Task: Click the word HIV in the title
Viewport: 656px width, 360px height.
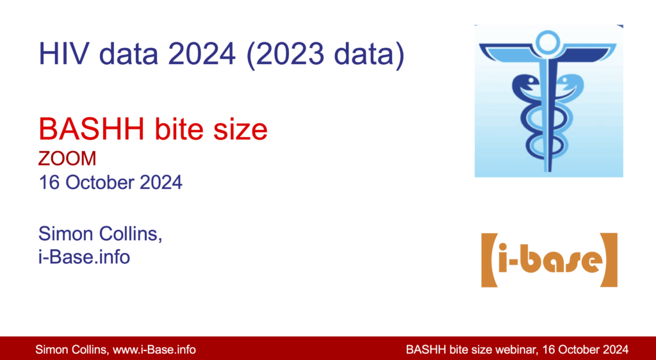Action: pyautogui.click(x=64, y=54)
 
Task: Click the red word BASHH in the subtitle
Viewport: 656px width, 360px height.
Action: pyautogui.click(x=92, y=129)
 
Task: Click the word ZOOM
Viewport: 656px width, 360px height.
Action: pyautogui.click(x=67, y=159)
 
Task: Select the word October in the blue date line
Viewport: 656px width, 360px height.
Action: pyautogui.click(x=99, y=183)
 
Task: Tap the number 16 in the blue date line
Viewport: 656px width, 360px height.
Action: pyautogui.click(x=49, y=183)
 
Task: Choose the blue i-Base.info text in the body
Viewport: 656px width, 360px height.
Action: pyautogui.click(x=84, y=257)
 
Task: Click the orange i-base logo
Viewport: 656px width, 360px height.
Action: pyautogui.click(x=549, y=260)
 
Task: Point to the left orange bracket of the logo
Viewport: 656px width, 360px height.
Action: pyautogui.click(x=488, y=260)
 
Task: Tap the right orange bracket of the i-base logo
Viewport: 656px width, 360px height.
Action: pyautogui.click(x=610, y=260)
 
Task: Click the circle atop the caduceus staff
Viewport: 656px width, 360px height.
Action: pyautogui.click(x=548, y=42)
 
